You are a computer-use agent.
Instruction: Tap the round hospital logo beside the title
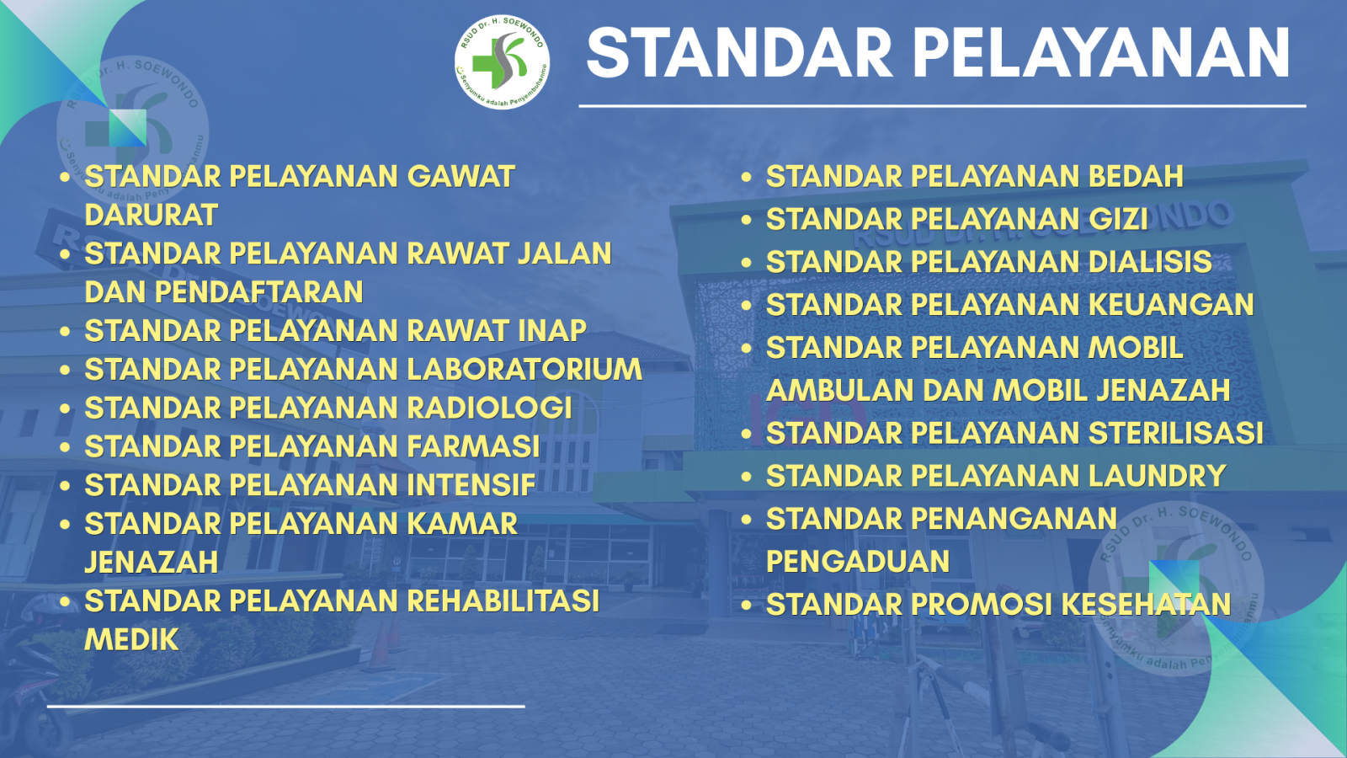[502, 62]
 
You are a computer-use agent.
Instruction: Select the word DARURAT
[151, 215]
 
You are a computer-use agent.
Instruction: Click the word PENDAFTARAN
[258, 291]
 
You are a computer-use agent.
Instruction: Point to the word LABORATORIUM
[525, 369]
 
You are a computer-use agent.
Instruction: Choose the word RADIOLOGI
[490, 408]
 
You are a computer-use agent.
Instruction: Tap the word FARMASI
[474, 446]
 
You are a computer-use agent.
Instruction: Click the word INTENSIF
[471, 484]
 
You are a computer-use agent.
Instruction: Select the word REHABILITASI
[503, 601]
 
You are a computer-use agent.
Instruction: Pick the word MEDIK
[131, 639]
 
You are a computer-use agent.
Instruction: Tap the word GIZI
[1119, 219]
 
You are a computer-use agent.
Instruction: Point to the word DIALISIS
[1150, 262]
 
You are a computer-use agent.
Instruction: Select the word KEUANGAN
[1171, 304]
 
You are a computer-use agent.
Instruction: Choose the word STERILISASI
[1176, 433]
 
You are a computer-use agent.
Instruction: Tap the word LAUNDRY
[1158, 476]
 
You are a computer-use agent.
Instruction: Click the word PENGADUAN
[858, 561]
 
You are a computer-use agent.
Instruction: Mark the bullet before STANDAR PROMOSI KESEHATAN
[746, 605]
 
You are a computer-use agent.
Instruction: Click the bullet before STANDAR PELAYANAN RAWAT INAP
[65, 331]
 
